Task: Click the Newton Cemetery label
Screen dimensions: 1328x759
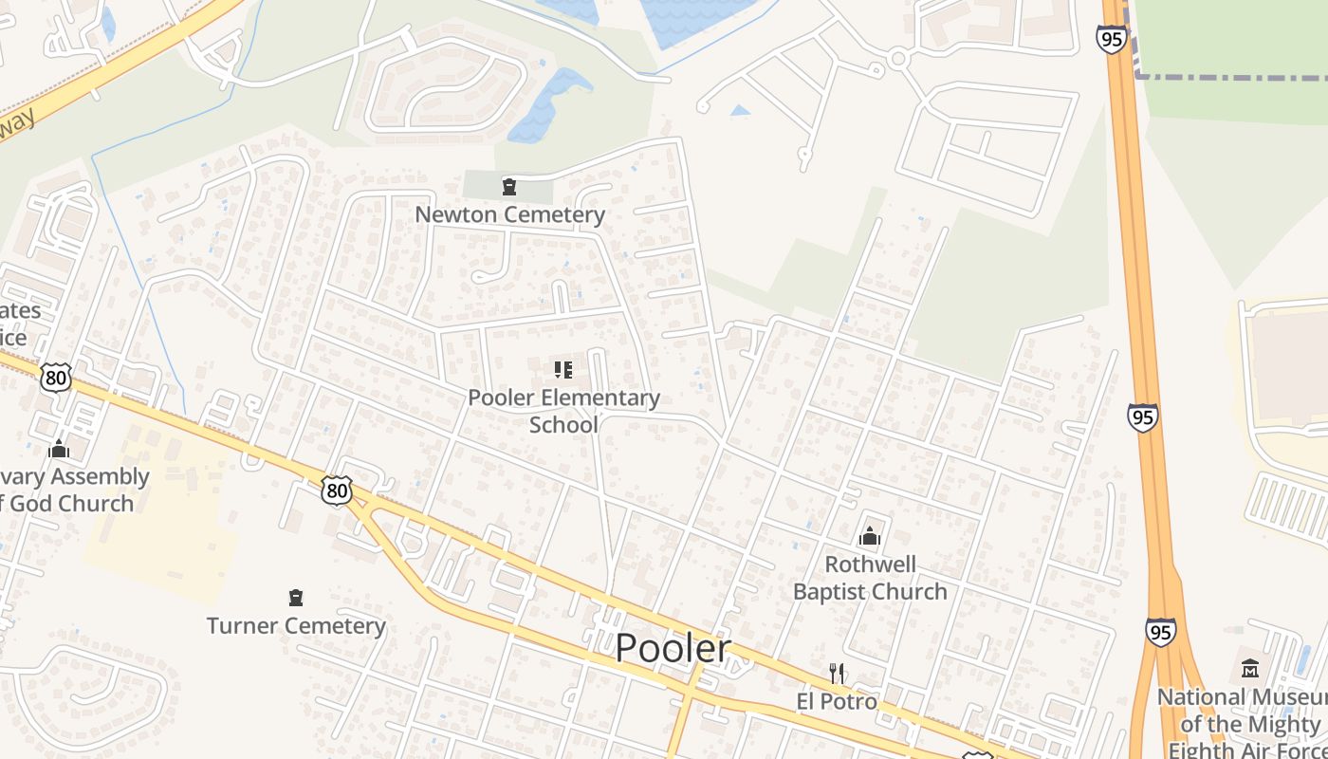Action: click(509, 214)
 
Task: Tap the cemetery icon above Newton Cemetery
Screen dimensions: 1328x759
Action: click(509, 186)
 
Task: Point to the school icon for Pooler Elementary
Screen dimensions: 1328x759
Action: click(563, 369)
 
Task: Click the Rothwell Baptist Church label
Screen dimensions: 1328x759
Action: click(870, 578)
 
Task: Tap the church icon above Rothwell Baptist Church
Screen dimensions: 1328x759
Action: click(870, 537)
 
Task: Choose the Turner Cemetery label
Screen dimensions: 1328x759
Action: click(296, 625)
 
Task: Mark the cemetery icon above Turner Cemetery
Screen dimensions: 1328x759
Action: click(296, 598)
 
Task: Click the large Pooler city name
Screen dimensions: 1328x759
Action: click(673, 649)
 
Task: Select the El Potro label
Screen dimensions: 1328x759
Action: click(837, 702)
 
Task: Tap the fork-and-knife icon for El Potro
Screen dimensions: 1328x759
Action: click(837, 674)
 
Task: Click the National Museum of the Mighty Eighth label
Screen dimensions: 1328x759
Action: click(1243, 723)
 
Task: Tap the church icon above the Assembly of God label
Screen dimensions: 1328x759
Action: click(59, 448)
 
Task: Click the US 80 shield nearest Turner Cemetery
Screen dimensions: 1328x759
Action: click(336, 490)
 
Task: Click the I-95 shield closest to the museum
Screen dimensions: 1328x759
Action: click(1160, 632)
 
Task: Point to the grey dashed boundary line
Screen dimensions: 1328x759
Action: click(1233, 77)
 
